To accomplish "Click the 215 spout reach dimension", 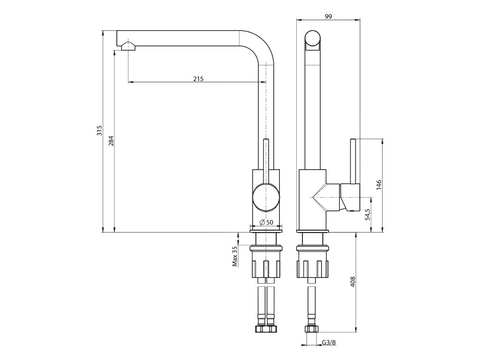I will click(198, 79).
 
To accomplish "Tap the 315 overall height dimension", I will click(99, 131).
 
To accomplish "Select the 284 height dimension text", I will click(111, 141).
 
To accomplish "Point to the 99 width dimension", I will click(328, 16).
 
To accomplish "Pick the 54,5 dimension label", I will click(368, 215).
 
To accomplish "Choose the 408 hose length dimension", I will click(352, 281).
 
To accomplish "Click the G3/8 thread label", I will click(329, 343).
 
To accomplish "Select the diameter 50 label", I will click(266, 222).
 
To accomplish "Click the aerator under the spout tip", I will click(127, 46).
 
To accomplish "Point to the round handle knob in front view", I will click(266, 197).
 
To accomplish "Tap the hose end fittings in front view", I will click(266, 329).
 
